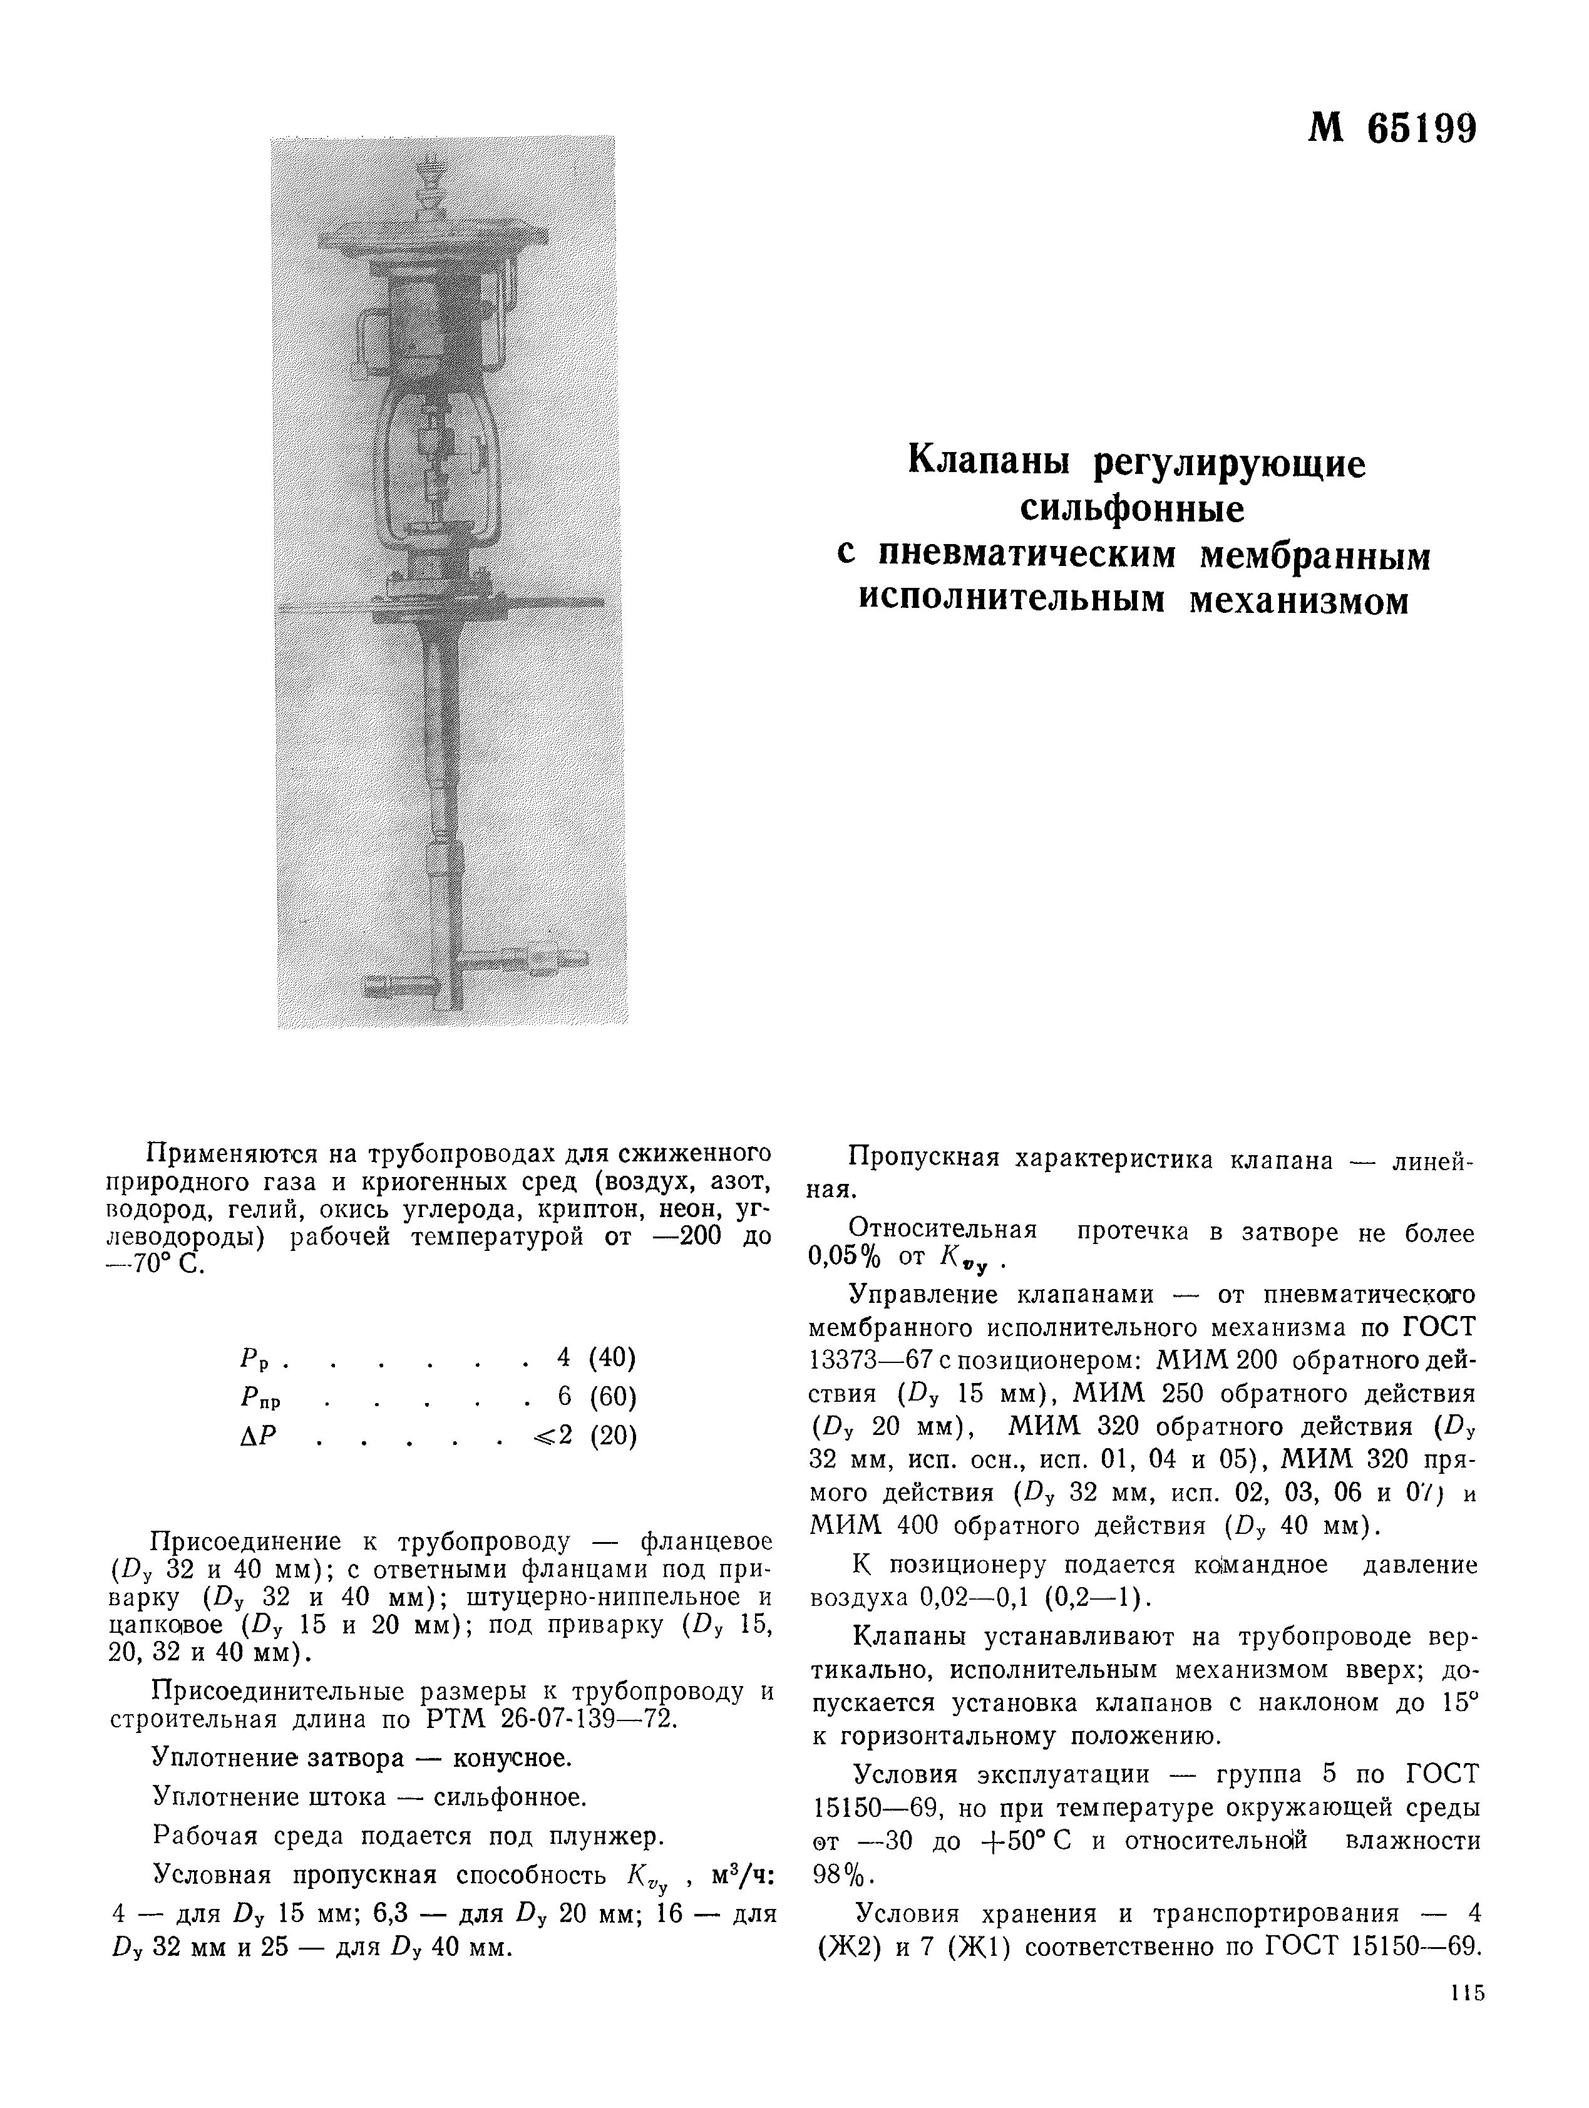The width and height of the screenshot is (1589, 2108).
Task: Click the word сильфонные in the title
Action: point(1133,509)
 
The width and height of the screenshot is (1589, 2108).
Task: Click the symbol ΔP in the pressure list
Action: point(257,1435)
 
